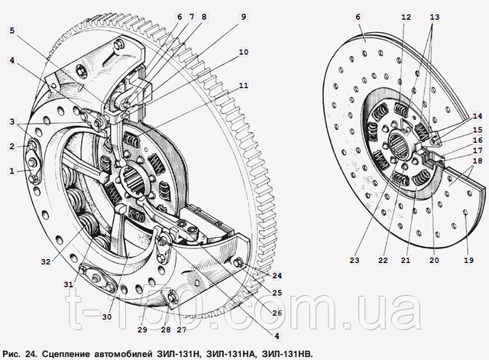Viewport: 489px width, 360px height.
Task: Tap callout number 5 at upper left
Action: click(x=13, y=31)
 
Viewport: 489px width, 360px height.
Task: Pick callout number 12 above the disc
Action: click(x=406, y=17)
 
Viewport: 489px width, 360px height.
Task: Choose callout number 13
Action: click(x=435, y=17)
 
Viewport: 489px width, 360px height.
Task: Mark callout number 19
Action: click(x=468, y=260)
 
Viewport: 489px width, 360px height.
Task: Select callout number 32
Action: click(x=47, y=262)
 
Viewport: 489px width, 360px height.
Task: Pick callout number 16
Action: click(x=477, y=141)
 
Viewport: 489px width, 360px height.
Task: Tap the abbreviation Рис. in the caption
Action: click(x=15, y=353)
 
